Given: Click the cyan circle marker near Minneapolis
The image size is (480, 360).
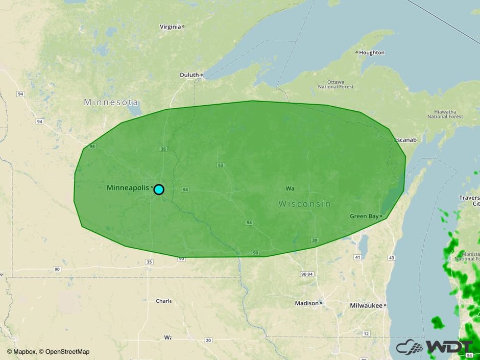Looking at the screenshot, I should tap(159, 189).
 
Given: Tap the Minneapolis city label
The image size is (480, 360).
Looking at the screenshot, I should tap(128, 188).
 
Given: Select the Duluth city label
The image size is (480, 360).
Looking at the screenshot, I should tap(189, 75).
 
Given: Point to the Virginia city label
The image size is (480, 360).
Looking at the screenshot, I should tap(170, 27).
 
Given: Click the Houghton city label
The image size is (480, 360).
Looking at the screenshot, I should tap(372, 53).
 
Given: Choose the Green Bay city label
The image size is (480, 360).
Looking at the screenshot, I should tap(364, 217).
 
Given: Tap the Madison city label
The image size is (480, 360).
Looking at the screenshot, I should tap(306, 303).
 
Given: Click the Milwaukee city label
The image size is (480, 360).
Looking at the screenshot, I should tap(366, 305).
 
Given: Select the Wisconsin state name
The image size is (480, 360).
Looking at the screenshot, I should tap(304, 204).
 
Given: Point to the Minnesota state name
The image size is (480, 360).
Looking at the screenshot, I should tap(111, 102).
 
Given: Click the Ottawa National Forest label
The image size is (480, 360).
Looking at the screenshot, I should tap(335, 84).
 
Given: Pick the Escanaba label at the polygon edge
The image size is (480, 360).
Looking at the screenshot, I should tap(405, 140).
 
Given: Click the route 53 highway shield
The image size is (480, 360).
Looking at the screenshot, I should tap(221, 165).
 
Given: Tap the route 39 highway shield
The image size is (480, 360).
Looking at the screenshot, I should tap(315, 240).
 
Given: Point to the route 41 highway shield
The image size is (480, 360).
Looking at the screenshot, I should tap(357, 257).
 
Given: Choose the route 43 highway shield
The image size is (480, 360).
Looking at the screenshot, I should tap(391, 257).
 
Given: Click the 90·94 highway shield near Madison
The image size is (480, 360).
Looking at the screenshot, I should tap(307, 274).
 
